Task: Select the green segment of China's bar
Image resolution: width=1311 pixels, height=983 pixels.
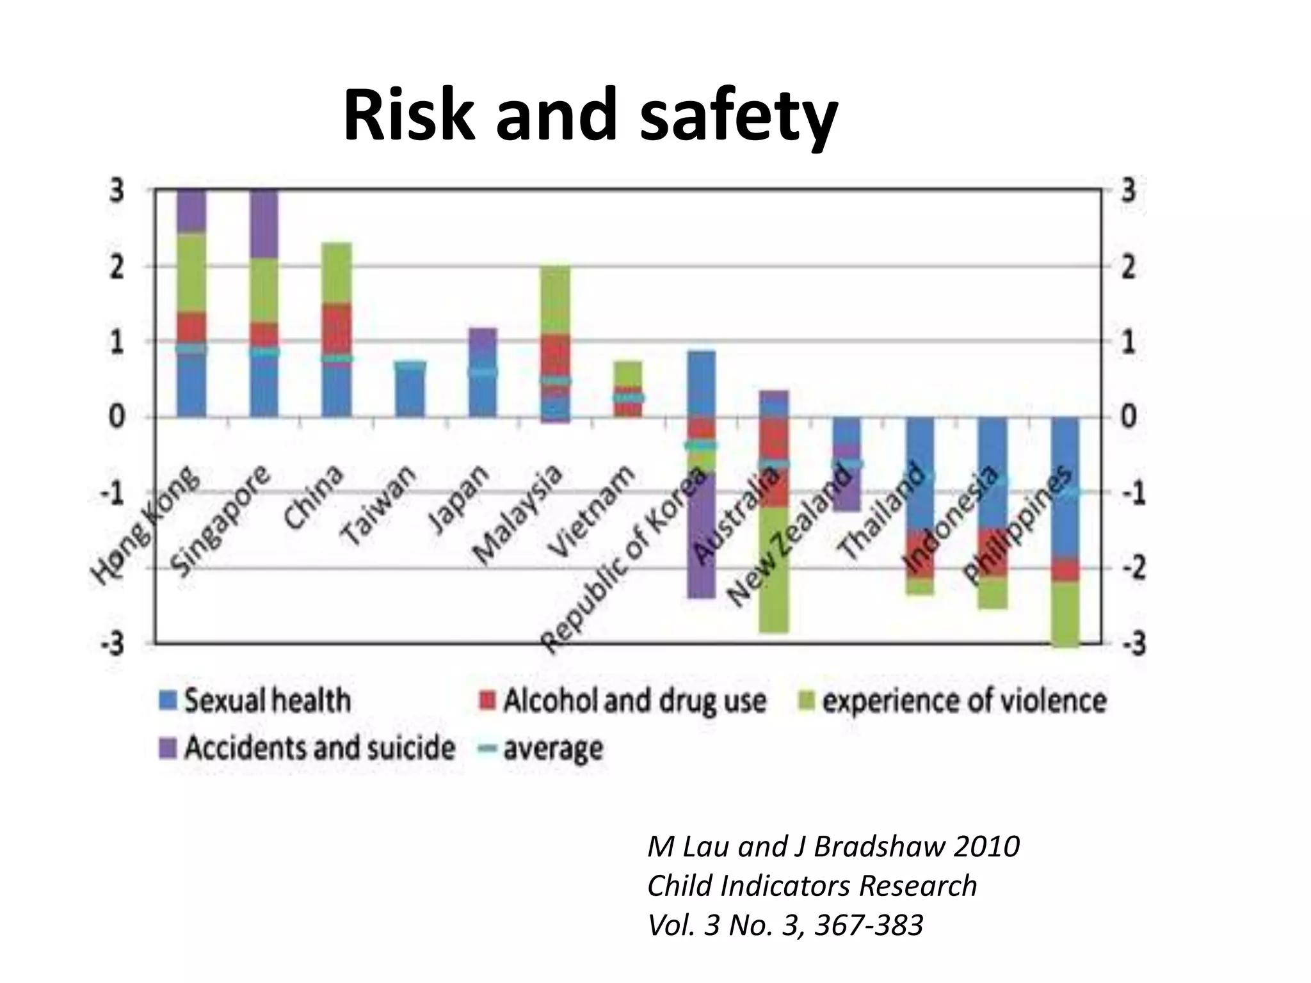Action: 337,273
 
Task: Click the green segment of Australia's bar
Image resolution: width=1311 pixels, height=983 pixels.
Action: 774,570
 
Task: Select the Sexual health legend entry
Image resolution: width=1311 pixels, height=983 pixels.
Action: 256,700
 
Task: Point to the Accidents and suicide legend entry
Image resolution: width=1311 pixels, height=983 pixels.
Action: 307,747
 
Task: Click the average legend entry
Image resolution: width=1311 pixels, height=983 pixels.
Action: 542,747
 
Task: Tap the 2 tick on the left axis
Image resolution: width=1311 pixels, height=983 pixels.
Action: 117,267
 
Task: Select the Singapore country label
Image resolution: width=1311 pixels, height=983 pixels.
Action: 221,522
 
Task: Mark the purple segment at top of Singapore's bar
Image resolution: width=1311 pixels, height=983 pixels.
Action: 264,223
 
